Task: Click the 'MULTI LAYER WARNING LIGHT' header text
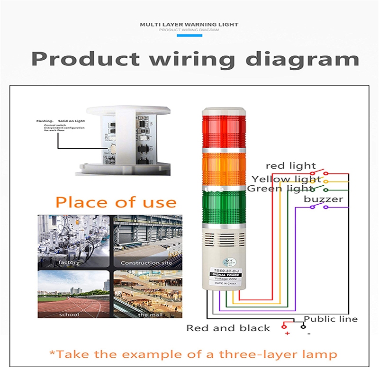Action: pyautogui.click(x=189, y=24)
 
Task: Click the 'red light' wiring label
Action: pyautogui.click(x=290, y=166)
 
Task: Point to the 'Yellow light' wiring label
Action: pyautogui.click(x=286, y=179)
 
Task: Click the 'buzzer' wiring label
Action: pyautogui.click(x=323, y=199)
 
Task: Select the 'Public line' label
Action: pyautogui.click(x=331, y=319)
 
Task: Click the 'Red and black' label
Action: pyautogui.click(x=228, y=328)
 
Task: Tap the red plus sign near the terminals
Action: pyautogui.click(x=287, y=334)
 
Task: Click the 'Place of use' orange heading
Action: pyautogui.click(x=116, y=202)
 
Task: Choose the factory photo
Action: pyautogui.click(x=74, y=241)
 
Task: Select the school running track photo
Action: pyautogui.click(x=74, y=294)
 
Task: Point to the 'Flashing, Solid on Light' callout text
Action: pyautogui.click(x=61, y=121)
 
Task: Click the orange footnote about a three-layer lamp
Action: pyautogui.click(x=193, y=354)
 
